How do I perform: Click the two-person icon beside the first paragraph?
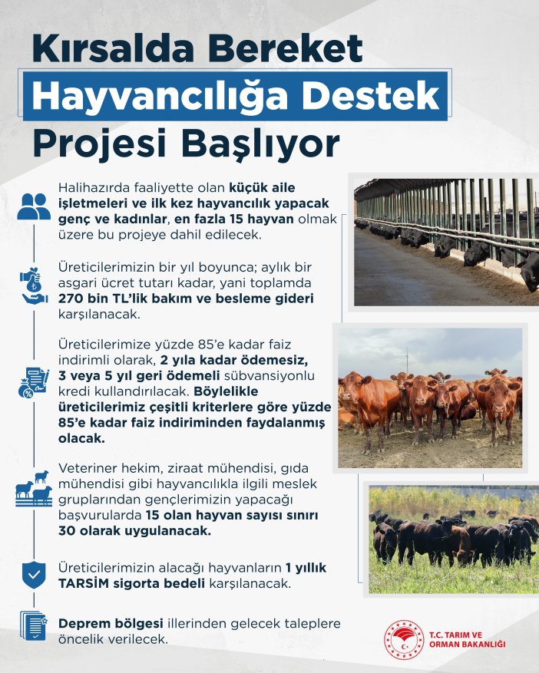click(x=34, y=206)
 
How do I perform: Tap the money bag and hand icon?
click(x=34, y=288)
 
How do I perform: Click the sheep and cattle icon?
click(x=34, y=488)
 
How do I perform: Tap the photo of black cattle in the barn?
click(x=446, y=242)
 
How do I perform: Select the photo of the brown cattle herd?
click(x=430, y=398)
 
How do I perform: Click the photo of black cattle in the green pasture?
click(x=453, y=538)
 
